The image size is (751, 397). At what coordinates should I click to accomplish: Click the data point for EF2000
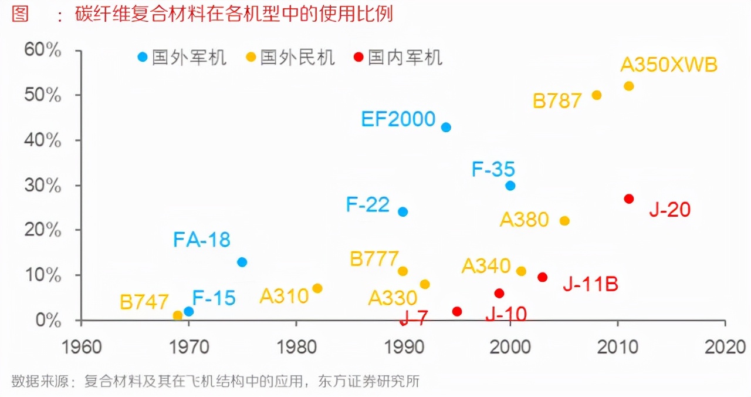coord(446,127)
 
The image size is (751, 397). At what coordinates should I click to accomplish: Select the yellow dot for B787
coord(597,95)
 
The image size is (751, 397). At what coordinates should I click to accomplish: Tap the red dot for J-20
coord(629,199)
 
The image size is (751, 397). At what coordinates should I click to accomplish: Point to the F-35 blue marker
coord(510,186)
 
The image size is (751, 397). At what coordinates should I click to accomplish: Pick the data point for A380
coord(564,221)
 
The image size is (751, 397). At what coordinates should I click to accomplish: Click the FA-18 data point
coord(242,262)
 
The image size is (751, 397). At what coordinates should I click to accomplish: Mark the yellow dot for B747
coord(178,315)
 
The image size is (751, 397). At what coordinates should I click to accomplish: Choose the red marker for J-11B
coord(543,277)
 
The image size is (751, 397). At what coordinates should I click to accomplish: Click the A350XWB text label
coord(669,65)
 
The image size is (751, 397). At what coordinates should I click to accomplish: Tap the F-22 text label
coord(368,204)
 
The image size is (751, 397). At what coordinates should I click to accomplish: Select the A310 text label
coord(284,296)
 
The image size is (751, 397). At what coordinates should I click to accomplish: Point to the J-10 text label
coord(506,314)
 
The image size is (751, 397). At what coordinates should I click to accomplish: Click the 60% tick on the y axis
coord(43,50)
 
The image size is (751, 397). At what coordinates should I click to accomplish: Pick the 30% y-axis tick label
coord(43,186)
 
